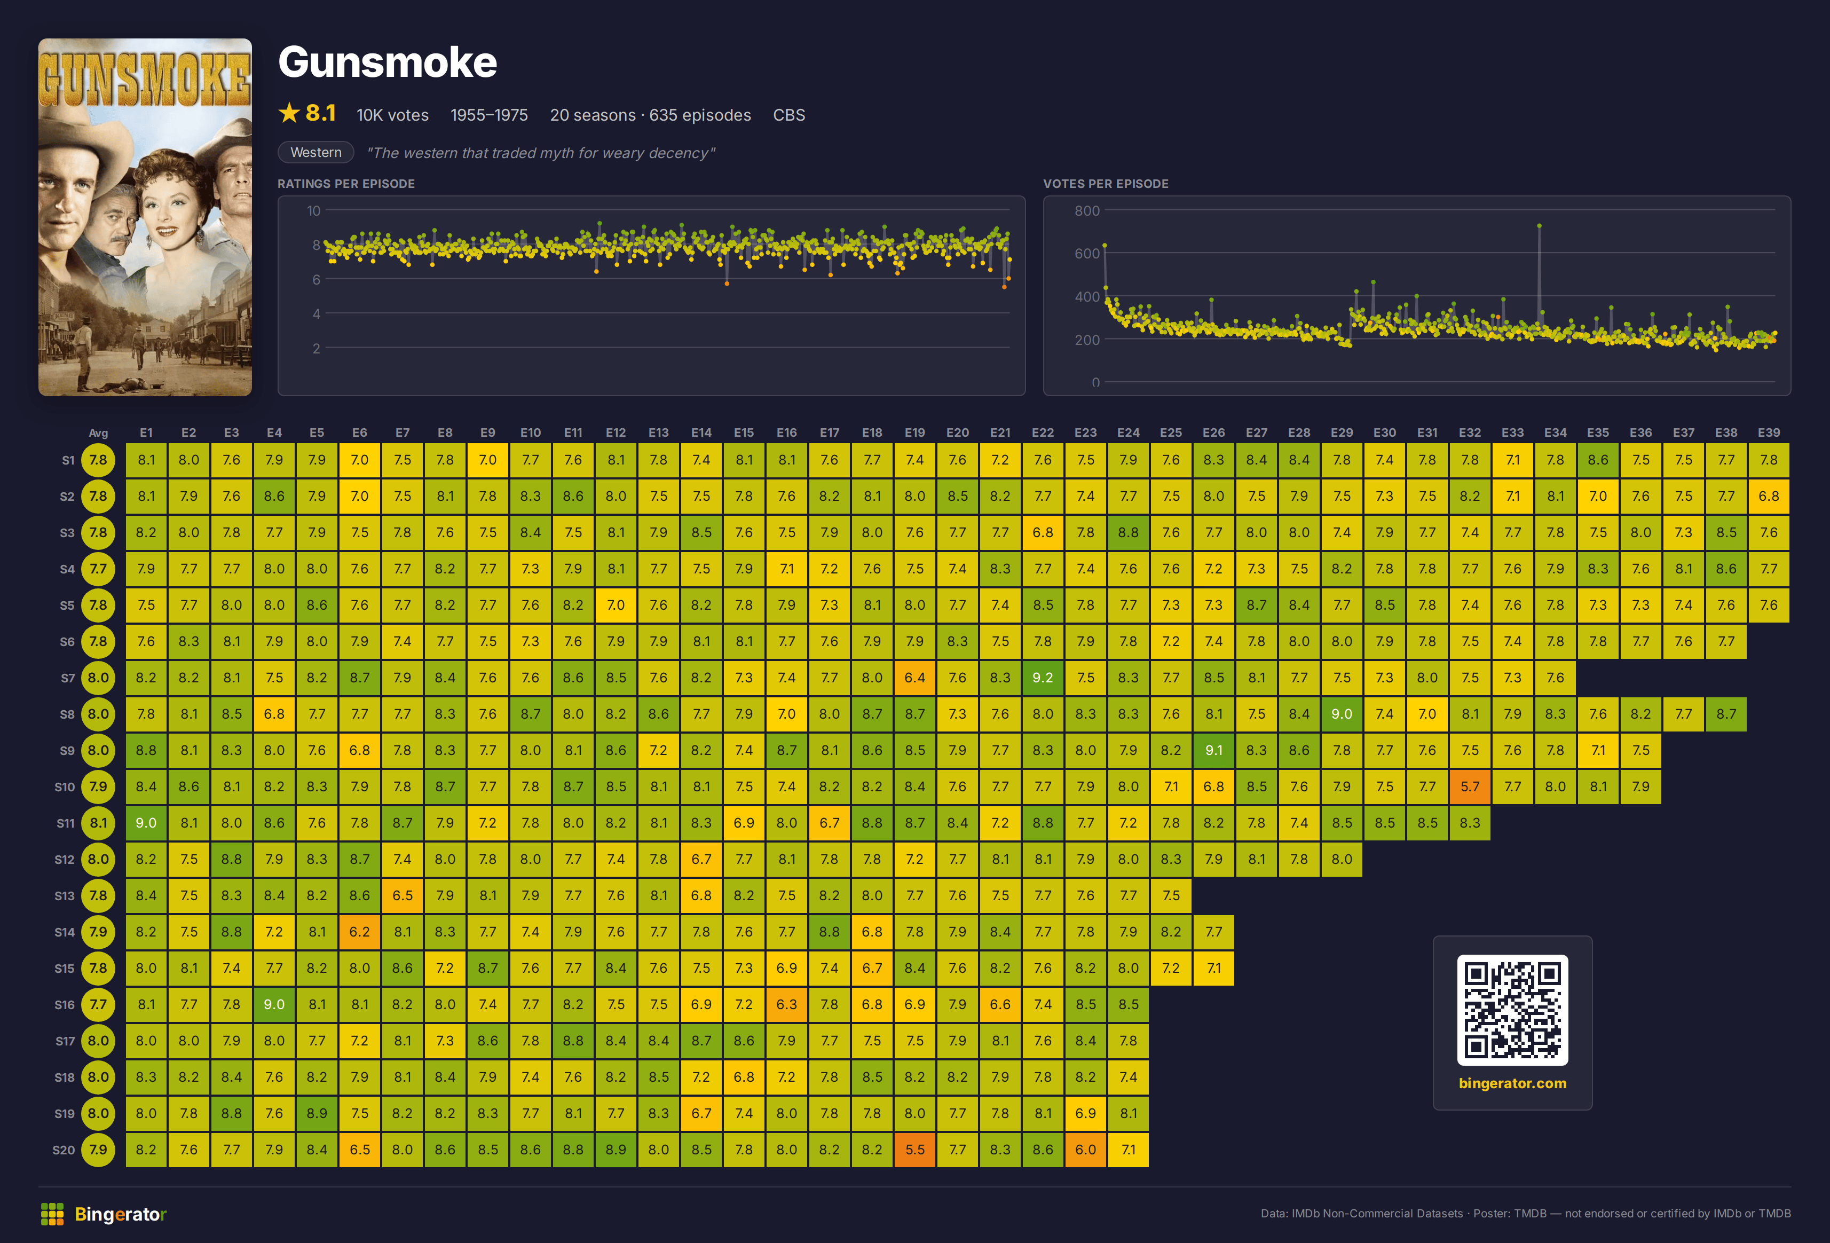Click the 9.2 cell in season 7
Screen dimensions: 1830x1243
coord(1043,678)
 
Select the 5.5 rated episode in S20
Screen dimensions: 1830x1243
coord(915,1149)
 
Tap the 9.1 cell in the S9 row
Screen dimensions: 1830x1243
coord(1213,750)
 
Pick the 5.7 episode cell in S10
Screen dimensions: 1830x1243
coord(1469,786)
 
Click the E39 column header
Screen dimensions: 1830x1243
coord(1769,432)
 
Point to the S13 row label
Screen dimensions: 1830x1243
coord(65,895)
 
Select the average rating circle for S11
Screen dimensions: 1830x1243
coord(98,822)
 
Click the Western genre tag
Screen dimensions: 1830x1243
coord(315,152)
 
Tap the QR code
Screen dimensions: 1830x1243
coord(1512,1010)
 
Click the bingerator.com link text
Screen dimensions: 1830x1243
coord(1512,1083)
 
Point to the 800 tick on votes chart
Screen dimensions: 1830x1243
coord(1087,210)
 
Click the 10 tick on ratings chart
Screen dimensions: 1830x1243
coord(313,210)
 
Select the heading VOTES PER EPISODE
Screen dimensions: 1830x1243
coord(1106,184)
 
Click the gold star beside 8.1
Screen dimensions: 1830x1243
coord(289,113)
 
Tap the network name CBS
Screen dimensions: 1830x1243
coord(789,115)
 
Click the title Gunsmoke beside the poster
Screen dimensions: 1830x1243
coord(388,62)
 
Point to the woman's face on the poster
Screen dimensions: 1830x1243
coord(168,209)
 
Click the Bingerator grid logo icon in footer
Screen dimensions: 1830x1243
coord(52,1214)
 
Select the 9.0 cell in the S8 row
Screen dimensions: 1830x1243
coord(1342,714)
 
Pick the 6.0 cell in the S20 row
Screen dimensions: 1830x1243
coord(1085,1149)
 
